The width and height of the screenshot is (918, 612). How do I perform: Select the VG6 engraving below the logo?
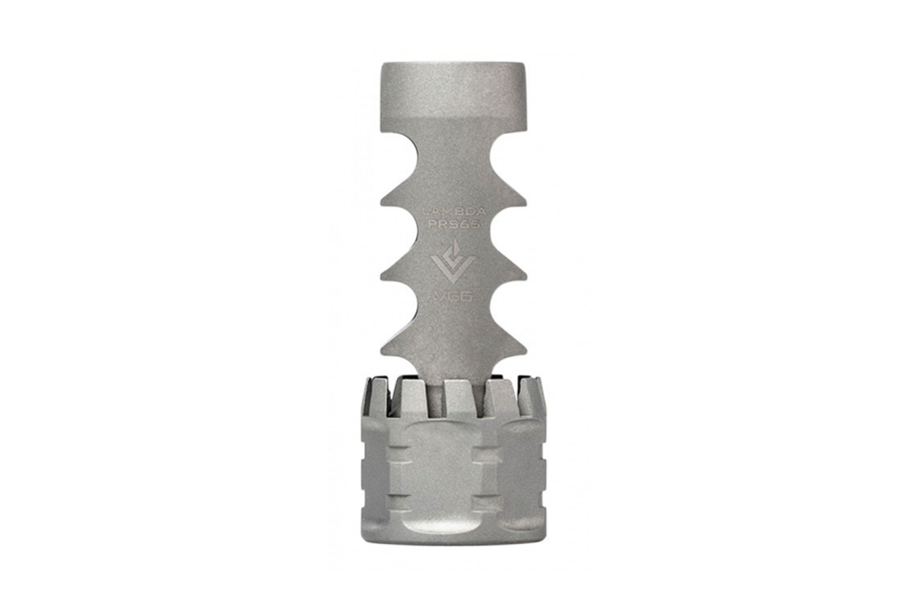451,295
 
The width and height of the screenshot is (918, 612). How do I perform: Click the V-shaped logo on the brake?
452,261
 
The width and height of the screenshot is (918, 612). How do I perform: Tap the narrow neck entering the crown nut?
431,394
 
